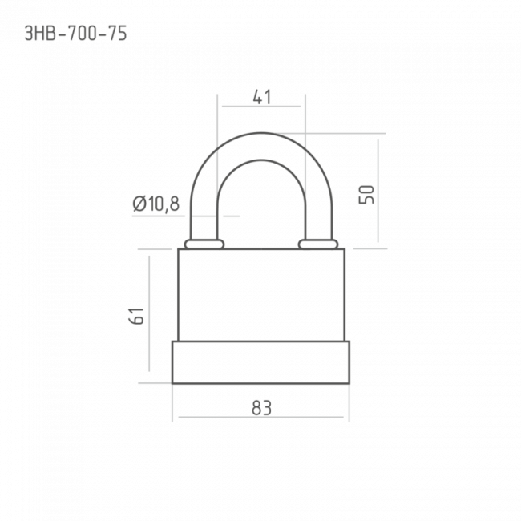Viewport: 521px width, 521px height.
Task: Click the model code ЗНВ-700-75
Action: tap(76, 34)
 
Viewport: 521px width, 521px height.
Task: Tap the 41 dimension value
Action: tap(262, 97)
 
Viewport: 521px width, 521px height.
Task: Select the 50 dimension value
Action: tap(366, 195)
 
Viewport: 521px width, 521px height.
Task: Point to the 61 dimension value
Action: tap(136, 316)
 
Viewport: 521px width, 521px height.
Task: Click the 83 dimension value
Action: tap(261, 408)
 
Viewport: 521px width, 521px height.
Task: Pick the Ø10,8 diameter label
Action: tap(155, 204)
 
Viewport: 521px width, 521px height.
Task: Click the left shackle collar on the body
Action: tap(204, 244)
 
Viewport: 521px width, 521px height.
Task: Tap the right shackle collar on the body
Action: tap(318, 244)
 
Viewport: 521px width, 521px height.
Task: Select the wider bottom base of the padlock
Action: tap(260, 362)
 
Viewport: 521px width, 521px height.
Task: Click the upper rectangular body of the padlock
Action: tap(261, 295)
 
